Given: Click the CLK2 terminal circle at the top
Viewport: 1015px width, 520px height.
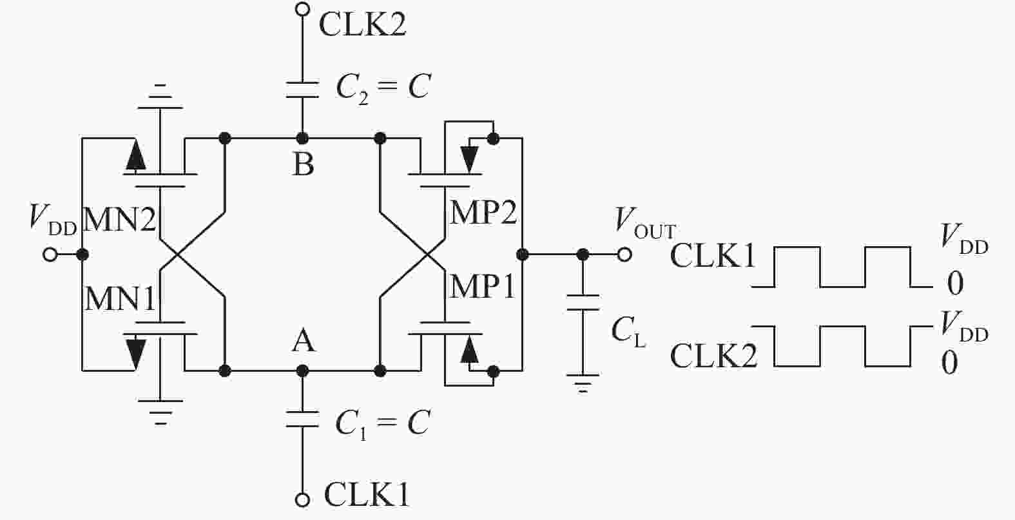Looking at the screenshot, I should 301,9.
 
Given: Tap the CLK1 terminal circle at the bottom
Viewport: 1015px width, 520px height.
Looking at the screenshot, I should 301,499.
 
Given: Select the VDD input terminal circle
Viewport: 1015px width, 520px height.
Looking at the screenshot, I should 50,255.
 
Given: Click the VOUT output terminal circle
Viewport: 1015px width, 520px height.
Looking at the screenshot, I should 623,255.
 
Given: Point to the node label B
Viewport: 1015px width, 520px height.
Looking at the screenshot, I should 303,164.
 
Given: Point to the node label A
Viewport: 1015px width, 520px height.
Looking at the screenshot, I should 303,340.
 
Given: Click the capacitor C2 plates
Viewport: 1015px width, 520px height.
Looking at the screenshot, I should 301,90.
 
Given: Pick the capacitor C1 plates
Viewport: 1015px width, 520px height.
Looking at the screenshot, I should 301,419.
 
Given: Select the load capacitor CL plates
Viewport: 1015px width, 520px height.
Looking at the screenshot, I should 583,302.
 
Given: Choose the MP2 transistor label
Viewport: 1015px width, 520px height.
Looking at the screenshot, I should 483,212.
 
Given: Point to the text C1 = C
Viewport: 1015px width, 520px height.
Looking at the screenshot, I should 382,424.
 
